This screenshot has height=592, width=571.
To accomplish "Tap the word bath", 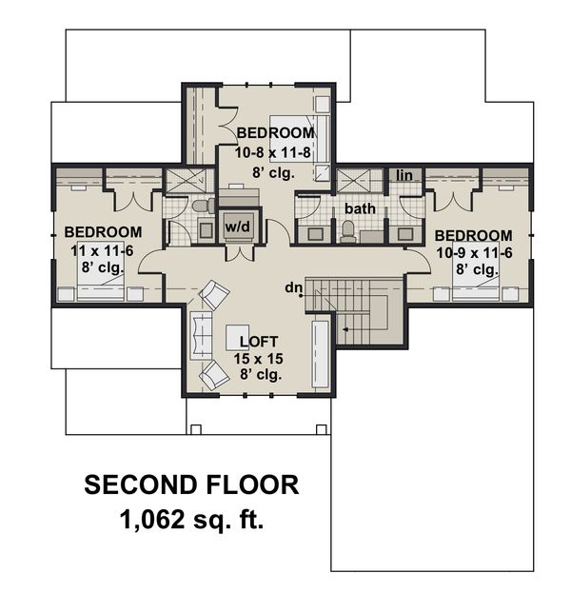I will [x=360, y=207].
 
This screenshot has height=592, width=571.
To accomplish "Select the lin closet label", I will [x=404, y=175].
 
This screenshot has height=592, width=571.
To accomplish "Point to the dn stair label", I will [x=293, y=287].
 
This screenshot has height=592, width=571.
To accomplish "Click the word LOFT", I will [x=258, y=342].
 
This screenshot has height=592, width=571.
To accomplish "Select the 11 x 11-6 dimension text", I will [x=103, y=249].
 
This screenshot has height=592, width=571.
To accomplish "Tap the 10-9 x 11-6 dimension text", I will [x=473, y=253].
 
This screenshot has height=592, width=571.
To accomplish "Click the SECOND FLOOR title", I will [x=191, y=485].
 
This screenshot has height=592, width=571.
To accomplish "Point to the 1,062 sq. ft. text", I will [x=191, y=520].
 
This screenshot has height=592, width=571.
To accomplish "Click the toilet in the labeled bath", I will [x=348, y=230].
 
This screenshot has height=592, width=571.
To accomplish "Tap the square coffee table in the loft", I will [x=238, y=337].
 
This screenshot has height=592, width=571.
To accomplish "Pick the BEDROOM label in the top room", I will [x=275, y=132].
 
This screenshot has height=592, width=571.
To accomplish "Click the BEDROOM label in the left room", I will [x=103, y=232].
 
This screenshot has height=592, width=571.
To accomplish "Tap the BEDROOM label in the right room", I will [x=473, y=236].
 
